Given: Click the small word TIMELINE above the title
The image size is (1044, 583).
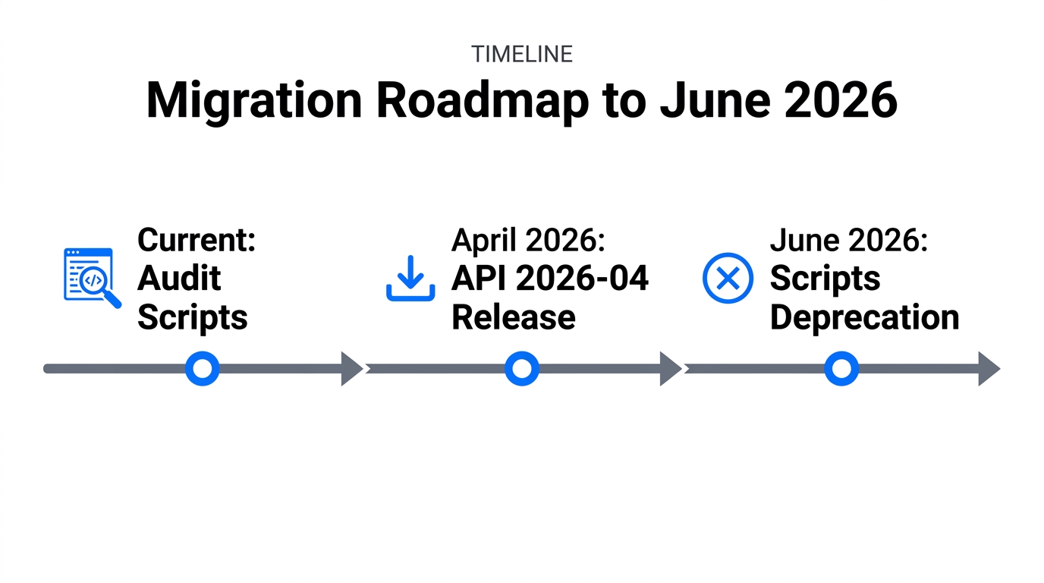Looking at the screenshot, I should (521, 54).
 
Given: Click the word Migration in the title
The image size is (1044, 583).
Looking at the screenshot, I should (246, 99).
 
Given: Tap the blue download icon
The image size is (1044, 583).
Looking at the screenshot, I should (410, 278).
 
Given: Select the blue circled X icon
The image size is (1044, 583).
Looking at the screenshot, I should (728, 278).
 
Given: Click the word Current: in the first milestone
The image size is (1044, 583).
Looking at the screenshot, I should (197, 241).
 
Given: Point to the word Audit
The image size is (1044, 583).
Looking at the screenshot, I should (179, 279).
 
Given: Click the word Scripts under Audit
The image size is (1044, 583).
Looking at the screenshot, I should (193, 317).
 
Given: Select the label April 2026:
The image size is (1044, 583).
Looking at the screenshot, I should (528, 241).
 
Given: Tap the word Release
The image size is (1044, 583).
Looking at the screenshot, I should (513, 317).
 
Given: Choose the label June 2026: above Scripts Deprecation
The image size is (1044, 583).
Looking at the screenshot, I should (849, 241).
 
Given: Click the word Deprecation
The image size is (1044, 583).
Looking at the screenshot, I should (864, 317).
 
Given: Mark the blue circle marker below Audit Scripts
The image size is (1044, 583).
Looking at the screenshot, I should (203, 369).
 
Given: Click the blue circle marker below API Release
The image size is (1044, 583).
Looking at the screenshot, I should (522, 369).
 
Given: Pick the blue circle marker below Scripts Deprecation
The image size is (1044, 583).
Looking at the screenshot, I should (841, 369).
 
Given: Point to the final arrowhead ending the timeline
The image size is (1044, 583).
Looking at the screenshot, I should (989, 369).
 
